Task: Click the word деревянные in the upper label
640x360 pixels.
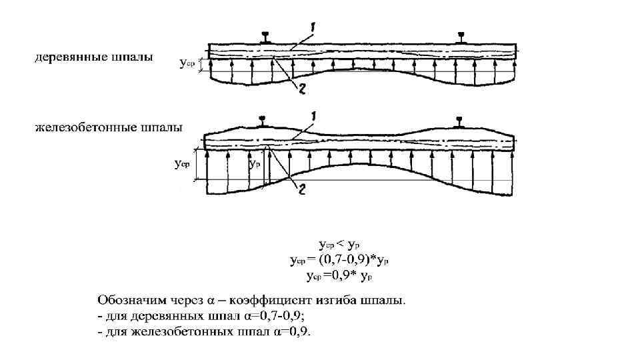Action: pyautogui.click(x=65, y=57)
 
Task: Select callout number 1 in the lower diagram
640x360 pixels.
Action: pyautogui.click(x=312, y=115)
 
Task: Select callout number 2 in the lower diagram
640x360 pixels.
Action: pyautogui.click(x=302, y=191)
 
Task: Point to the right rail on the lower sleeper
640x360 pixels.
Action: pyautogui.click(x=459, y=121)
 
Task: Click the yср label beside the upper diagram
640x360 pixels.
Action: pyautogui.click(x=188, y=64)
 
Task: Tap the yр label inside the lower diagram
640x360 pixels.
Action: pyautogui.click(x=253, y=163)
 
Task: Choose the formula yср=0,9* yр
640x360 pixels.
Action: pyautogui.click(x=339, y=273)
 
